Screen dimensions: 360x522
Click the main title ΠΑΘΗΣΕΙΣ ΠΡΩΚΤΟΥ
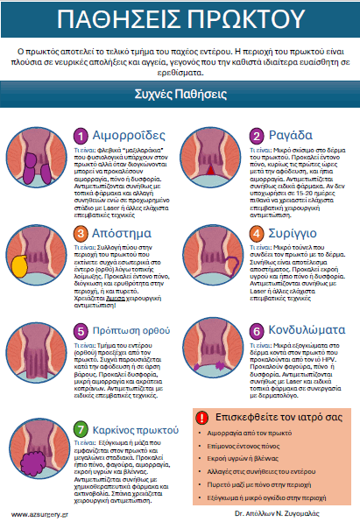[x=180, y=20]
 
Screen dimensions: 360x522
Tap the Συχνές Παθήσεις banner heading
[x=180, y=94]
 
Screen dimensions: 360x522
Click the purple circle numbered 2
[x=257, y=135]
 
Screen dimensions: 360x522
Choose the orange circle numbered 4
[x=257, y=233]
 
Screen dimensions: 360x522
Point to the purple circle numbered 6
[x=257, y=330]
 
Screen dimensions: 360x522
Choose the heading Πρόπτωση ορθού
[x=134, y=331]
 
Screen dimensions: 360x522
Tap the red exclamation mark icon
[x=203, y=418]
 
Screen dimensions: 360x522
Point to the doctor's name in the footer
[x=290, y=514]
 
